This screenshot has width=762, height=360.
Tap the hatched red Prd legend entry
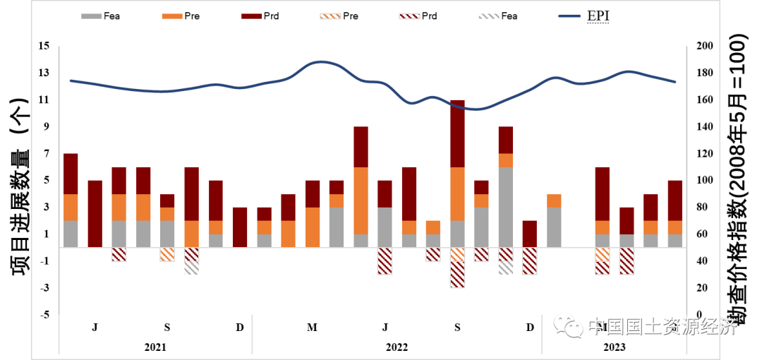[419, 16]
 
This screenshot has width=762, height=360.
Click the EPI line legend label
[598, 16]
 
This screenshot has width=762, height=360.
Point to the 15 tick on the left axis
[44, 47]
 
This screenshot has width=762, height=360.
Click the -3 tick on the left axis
[44, 288]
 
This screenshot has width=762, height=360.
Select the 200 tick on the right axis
[705, 47]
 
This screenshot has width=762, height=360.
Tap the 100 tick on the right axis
[705, 181]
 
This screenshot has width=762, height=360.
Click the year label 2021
[155, 348]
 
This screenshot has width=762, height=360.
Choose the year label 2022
[397, 348]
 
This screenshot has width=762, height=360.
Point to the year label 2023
[614, 348]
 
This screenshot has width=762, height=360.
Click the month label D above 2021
[240, 328]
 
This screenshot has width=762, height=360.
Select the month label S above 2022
[457, 328]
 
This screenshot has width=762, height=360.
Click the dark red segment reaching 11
[457, 133]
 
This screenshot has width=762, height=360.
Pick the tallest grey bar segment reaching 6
[506, 208]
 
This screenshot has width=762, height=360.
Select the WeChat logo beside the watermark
[567, 326]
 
